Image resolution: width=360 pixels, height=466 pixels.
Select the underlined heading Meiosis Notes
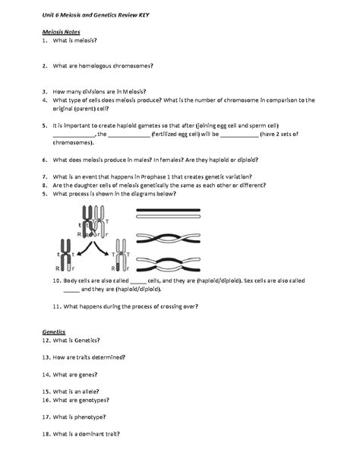click(x=58, y=32)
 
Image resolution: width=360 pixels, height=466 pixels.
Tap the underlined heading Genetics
click(x=53, y=332)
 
